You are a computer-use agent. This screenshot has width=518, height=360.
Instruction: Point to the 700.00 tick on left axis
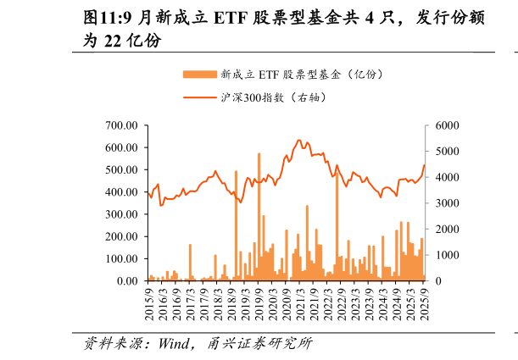tap(121, 125)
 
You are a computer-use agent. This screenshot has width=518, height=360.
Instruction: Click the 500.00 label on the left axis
tap(121, 170)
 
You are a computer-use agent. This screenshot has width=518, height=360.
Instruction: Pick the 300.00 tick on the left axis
tap(121, 214)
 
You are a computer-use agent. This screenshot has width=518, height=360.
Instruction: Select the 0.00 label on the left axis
tap(126, 281)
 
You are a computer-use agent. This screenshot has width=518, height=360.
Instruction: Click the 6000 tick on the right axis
tap(446, 125)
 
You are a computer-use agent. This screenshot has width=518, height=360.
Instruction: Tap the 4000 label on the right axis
tap(446, 178)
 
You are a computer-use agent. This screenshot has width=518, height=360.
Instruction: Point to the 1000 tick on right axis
tap(446, 255)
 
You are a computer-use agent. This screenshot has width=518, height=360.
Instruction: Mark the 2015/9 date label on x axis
tap(149, 302)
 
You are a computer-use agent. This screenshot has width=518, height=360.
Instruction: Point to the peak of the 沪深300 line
tap(299, 140)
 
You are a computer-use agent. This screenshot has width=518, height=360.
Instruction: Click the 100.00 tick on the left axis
tap(121, 259)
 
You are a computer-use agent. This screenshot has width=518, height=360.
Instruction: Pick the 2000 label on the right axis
tap(446, 230)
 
